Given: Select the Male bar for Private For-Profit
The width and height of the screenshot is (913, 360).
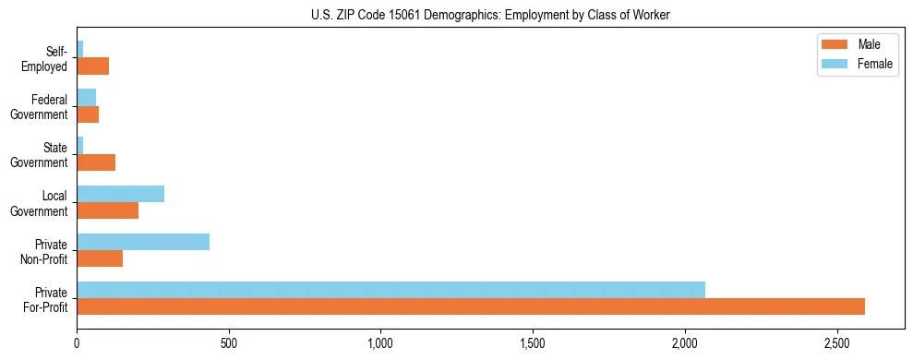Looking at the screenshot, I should pyautogui.click(x=471, y=306).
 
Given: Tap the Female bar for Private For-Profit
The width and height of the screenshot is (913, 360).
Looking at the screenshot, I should pyautogui.click(x=390, y=290).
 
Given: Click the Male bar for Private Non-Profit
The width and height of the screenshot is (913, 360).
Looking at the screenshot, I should pyautogui.click(x=100, y=258).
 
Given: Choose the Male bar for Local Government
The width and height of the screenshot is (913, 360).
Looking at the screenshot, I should pyautogui.click(x=107, y=210).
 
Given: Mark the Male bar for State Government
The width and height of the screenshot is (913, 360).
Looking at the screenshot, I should pyautogui.click(x=96, y=162).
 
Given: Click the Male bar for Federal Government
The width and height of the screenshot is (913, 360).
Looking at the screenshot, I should pyautogui.click(x=88, y=114).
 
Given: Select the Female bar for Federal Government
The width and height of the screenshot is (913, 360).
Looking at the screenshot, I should pyautogui.click(x=86, y=98).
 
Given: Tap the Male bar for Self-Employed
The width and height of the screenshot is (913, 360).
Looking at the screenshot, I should pyautogui.click(x=92, y=66).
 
